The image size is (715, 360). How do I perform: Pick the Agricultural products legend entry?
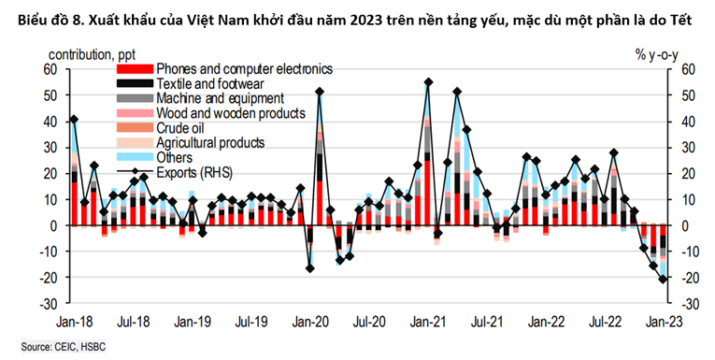click(210, 143)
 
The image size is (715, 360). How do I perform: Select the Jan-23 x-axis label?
click(664, 320)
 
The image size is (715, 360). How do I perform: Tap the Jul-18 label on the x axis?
click(134, 320)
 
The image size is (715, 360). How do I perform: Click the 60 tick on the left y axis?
click(50, 69)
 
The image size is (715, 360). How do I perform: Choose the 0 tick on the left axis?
click(54, 225)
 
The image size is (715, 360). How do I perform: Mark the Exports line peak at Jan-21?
click(428, 82)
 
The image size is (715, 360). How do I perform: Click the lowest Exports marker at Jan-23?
click(664, 279)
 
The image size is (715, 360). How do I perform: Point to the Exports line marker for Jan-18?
click(74, 119)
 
